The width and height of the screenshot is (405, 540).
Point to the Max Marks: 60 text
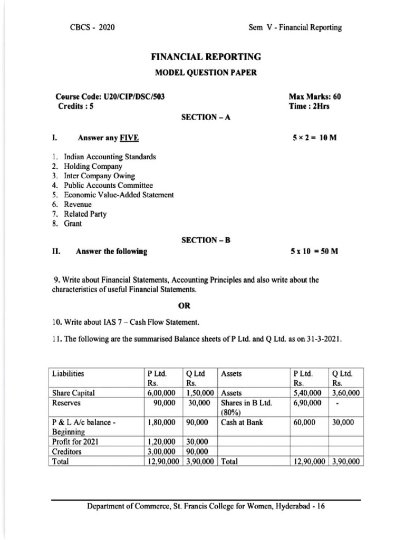tap(315, 97)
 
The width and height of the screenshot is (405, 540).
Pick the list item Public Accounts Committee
tap(108, 185)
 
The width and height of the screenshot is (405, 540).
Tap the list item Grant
tap(73, 223)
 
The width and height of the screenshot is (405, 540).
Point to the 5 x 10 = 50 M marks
tap(314, 252)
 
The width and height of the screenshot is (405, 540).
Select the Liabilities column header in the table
tap(68, 373)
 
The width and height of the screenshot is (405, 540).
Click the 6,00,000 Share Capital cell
tap(163, 393)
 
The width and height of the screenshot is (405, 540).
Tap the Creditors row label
tap(67, 452)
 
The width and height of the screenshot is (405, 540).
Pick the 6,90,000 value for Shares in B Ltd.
tap(307, 403)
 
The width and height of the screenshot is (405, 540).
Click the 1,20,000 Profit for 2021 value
tap(163, 442)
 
